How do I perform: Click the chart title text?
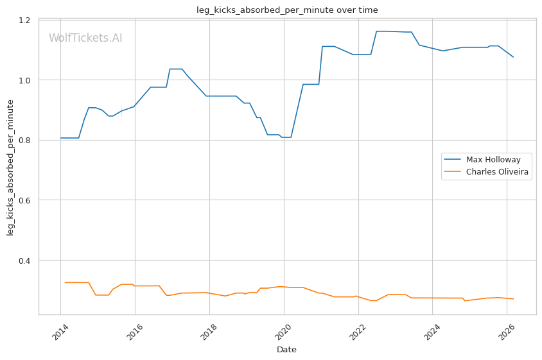coord(287,10)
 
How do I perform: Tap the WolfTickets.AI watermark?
coord(85,39)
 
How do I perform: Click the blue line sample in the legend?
coord(453,160)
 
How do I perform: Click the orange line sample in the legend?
coord(453,172)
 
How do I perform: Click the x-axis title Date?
coord(287,350)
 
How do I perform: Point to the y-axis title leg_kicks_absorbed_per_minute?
coord(11,167)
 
